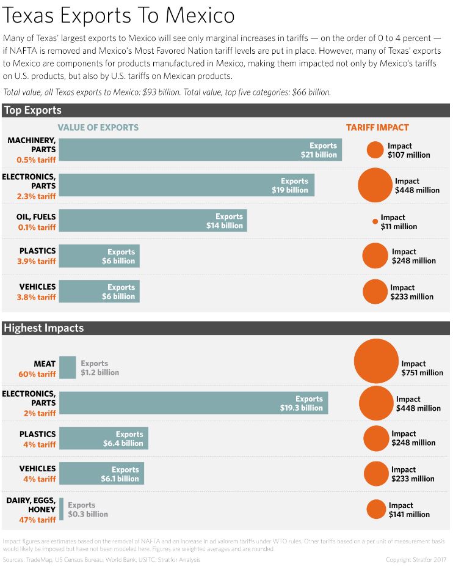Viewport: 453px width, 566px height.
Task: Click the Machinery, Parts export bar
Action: [200, 150]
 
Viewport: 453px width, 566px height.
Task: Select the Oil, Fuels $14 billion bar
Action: [153, 221]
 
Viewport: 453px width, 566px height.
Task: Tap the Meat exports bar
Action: [68, 368]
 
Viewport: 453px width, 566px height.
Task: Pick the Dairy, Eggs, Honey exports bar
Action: [62, 509]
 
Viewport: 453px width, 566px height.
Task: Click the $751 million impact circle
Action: [376, 361]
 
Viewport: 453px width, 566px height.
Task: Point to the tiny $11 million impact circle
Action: [375, 221]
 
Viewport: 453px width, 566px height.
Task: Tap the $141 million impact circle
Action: [377, 509]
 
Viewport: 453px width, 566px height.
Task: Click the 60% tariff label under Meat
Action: [37, 374]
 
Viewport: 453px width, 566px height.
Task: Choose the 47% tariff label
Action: [37, 520]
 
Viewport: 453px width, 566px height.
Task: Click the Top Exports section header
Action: [32, 111]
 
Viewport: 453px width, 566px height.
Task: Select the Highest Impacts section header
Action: [44, 328]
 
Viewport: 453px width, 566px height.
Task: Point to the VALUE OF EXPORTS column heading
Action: [98, 128]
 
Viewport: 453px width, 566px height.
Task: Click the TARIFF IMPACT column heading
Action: [377, 128]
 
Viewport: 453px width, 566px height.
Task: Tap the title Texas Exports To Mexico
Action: [118, 15]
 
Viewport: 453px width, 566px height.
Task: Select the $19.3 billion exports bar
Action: [194, 403]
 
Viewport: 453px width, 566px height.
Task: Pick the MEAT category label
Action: [45, 364]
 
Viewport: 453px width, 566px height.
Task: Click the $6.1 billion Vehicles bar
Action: [101, 474]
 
